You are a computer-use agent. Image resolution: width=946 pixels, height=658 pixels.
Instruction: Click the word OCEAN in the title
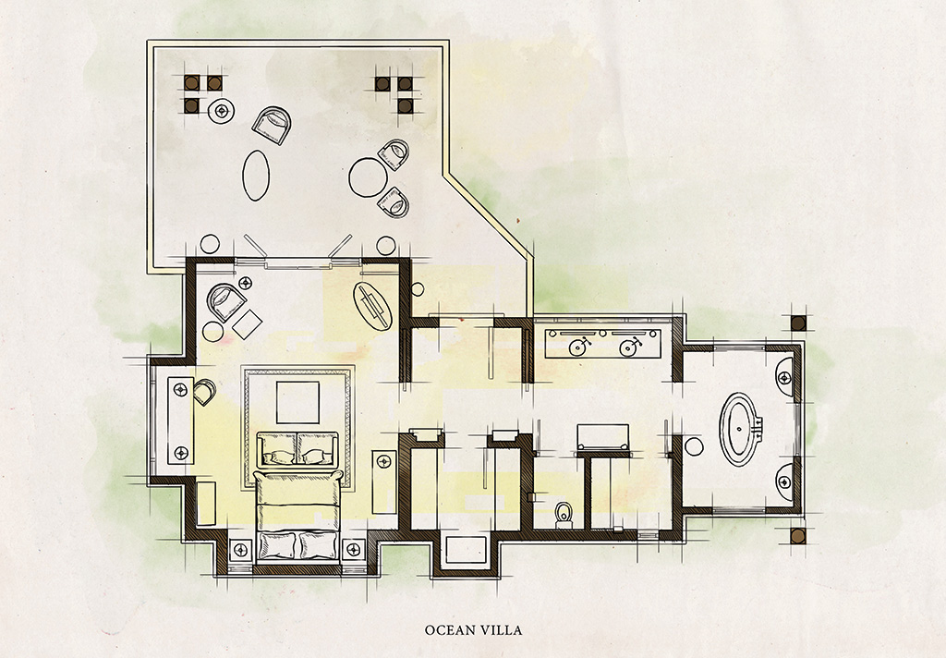click(x=449, y=630)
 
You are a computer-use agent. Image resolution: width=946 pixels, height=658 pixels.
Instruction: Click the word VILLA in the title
click(x=501, y=630)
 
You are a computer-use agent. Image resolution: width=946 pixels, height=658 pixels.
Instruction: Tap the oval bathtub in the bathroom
click(x=740, y=429)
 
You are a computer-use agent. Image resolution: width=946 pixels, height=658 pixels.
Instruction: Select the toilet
click(x=564, y=515)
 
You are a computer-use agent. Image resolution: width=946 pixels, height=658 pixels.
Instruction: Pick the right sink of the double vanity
click(x=629, y=347)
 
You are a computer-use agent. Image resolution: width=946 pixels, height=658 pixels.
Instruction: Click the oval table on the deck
click(x=256, y=175)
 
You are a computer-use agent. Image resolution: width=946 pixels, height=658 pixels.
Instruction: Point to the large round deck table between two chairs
click(x=368, y=177)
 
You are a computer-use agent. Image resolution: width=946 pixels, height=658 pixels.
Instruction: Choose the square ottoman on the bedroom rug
click(x=297, y=402)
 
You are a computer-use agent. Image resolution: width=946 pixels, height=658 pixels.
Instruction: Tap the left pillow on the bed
click(x=277, y=545)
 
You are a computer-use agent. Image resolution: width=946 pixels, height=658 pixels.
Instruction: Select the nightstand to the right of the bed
click(x=353, y=549)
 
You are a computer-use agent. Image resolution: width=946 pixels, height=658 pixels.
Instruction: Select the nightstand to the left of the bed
click(x=241, y=549)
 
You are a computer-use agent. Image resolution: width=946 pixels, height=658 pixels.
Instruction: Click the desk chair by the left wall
click(x=204, y=392)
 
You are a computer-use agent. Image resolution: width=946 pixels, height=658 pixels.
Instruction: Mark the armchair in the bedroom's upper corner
click(x=225, y=302)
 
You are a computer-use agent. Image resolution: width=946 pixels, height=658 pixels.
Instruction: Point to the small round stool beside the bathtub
click(x=694, y=446)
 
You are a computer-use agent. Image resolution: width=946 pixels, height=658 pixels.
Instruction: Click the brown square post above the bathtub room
click(x=798, y=323)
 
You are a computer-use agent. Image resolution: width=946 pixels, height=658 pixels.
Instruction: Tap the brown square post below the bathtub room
click(x=797, y=536)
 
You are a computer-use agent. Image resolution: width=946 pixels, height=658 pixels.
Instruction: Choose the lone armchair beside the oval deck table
click(x=272, y=125)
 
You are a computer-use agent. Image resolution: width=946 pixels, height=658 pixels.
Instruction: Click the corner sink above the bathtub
click(x=785, y=377)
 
